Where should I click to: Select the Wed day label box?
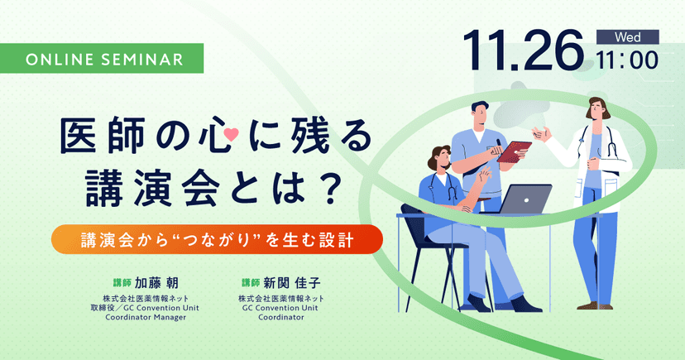627,36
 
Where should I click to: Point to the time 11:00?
627,60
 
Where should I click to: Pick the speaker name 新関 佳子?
296,281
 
